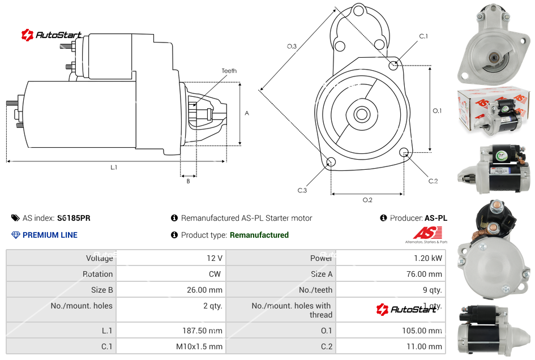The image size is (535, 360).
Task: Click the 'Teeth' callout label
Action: pos(229,71)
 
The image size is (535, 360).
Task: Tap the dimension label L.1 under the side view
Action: pos(114,168)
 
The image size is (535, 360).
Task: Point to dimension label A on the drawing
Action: pos(247,113)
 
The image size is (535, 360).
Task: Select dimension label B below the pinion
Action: pos(189,181)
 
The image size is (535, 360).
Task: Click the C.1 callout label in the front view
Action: pos(423,36)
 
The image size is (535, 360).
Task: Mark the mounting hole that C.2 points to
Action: pos(404,152)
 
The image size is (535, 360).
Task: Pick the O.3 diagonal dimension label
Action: pos(292,46)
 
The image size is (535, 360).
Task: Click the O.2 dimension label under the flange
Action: pos(367,200)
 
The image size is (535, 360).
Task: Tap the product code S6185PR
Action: pos(74,218)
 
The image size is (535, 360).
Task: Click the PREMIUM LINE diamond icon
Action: pos(16,235)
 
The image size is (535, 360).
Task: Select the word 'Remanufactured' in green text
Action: pos(259,235)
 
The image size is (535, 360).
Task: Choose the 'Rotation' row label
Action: pos(97,274)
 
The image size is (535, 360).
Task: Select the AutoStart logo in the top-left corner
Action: pos(52,35)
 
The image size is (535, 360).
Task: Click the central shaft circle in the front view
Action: pos(361,115)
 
